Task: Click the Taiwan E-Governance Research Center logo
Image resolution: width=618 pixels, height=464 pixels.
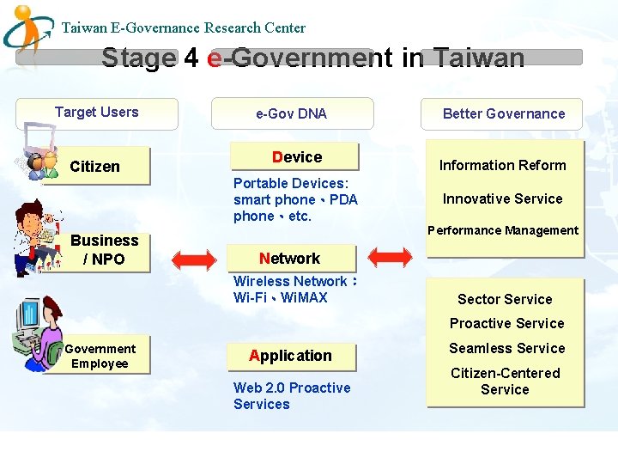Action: click(x=29, y=29)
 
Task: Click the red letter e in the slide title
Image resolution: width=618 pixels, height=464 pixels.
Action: click(x=215, y=58)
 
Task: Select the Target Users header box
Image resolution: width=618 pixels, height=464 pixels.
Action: click(x=97, y=113)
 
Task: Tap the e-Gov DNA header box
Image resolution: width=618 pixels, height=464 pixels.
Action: click(x=291, y=113)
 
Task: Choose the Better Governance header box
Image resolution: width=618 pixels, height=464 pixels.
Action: click(x=503, y=113)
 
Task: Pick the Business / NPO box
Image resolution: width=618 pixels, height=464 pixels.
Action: click(x=105, y=250)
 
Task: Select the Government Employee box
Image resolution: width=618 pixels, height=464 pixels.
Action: click(x=100, y=356)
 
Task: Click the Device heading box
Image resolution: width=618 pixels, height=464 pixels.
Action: click(x=297, y=157)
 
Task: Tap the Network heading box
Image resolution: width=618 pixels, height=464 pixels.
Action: click(x=290, y=258)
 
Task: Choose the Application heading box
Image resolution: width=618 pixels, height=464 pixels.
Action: click(x=290, y=356)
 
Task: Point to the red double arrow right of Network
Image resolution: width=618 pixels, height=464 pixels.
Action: click(x=391, y=257)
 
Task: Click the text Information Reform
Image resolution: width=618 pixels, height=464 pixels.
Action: click(x=503, y=165)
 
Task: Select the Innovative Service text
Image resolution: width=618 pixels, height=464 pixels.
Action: click(x=503, y=198)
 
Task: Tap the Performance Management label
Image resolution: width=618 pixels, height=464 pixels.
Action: click(x=503, y=230)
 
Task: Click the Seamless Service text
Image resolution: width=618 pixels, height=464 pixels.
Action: click(x=507, y=348)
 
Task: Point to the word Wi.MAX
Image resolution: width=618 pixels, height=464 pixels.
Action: click(x=304, y=297)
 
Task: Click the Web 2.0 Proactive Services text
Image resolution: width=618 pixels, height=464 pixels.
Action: click(x=292, y=396)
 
